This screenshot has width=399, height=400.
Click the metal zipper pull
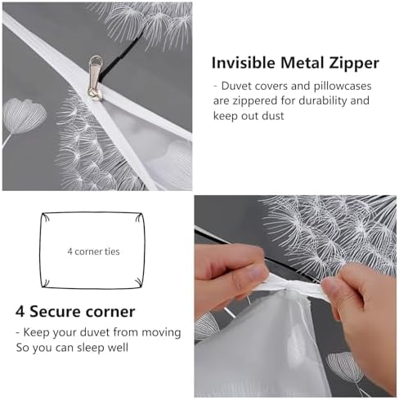[x=96, y=78]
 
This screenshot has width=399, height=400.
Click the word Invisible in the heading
[x=244, y=63]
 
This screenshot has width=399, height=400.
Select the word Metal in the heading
[x=302, y=63]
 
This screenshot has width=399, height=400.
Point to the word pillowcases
[x=343, y=87]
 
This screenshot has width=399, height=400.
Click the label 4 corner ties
[x=93, y=251]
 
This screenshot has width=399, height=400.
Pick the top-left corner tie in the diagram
[x=46, y=217]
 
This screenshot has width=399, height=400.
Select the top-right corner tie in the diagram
[x=139, y=217]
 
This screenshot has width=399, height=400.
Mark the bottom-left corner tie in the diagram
[x=46, y=282]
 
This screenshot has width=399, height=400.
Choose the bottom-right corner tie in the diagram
[x=139, y=282]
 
